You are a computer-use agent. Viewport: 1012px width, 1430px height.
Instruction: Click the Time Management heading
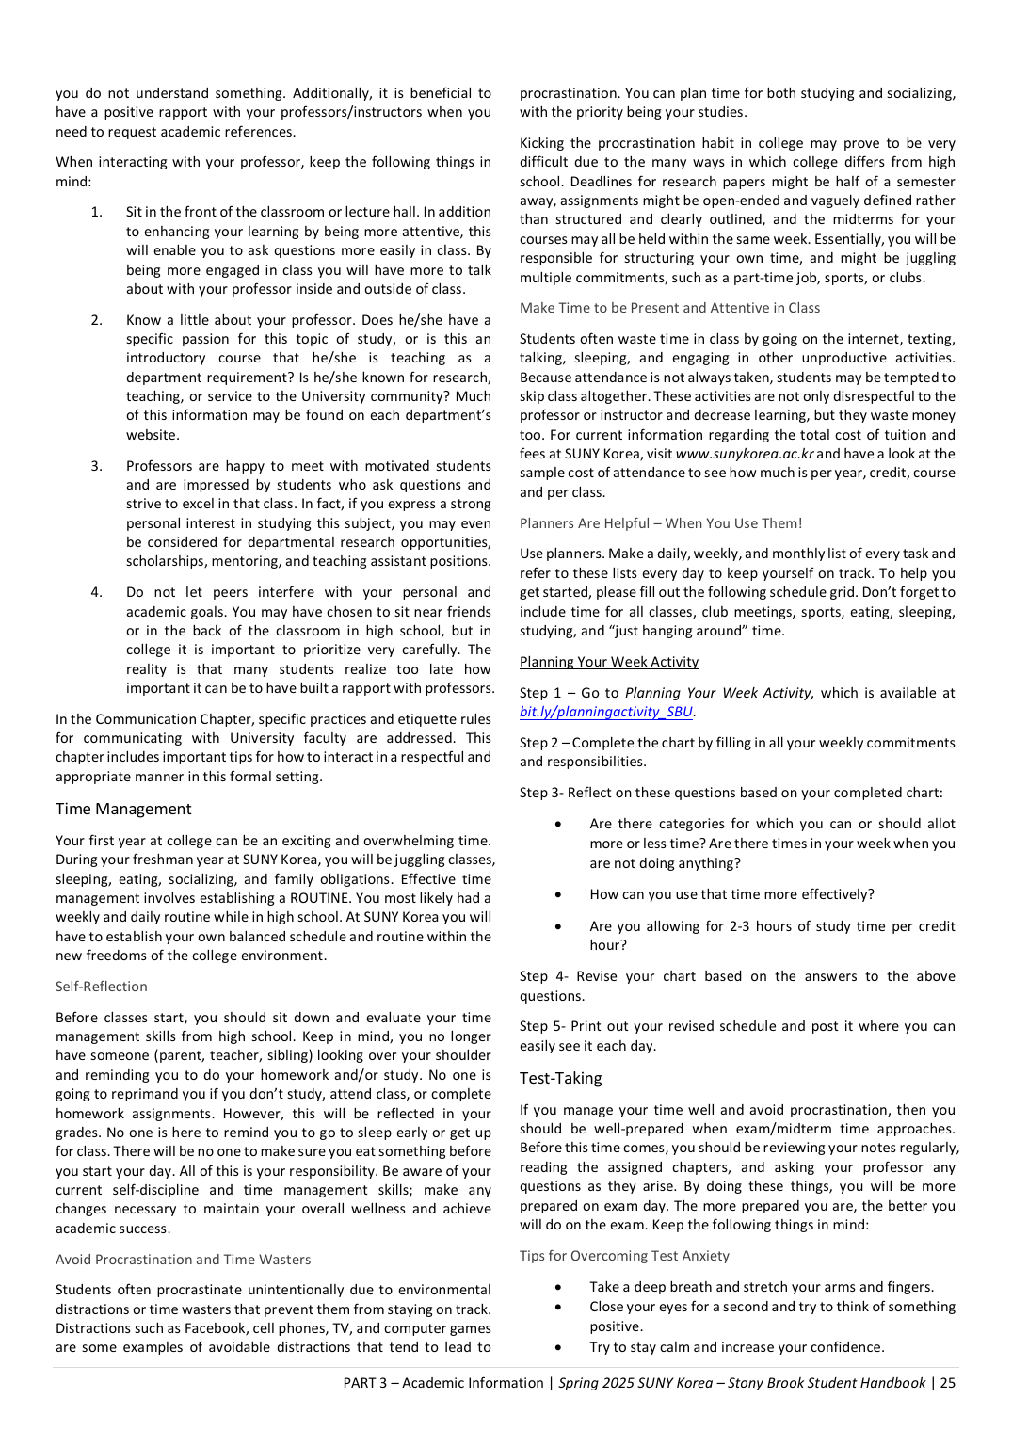[x=123, y=810]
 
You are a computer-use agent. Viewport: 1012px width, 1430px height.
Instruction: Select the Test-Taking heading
[x=560, y=1079]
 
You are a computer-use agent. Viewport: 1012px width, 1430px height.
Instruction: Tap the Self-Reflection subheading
[x=102, y=987]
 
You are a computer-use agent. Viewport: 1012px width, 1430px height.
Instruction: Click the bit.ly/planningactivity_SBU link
[x=606, y=713]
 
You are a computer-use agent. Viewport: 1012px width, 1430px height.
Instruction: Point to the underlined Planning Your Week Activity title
[x=609, y=663]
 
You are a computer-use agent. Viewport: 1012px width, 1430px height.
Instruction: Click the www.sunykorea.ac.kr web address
[x=744, y=454]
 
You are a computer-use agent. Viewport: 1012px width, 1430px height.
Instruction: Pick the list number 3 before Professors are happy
[x=96, y=466]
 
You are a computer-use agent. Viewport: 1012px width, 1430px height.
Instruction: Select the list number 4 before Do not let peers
[x=96, y=592]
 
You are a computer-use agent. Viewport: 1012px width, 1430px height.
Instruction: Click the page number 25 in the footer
[x=947, y=1383]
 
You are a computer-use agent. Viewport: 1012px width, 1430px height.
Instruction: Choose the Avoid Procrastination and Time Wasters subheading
[x=183, y=1260]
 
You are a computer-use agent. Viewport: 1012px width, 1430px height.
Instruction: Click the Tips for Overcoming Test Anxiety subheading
[x=624, y=1256]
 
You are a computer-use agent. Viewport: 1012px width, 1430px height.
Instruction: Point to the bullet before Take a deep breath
[x=559, y=1287]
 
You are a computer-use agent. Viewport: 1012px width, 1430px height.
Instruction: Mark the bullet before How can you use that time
[x=559, y=894]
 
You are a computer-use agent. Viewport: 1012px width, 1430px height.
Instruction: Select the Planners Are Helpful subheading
[x=661, y=523]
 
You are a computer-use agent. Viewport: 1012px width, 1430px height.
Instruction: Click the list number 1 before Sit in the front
[x=96, y=212]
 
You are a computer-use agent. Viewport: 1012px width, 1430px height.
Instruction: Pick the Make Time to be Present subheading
[x=669, y=308]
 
